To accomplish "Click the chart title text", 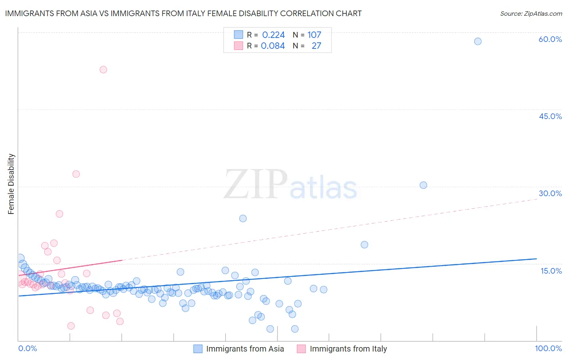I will (x=183, y=13).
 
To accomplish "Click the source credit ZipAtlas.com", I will (x=531, y=13).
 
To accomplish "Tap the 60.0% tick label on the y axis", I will (x=550, y=39).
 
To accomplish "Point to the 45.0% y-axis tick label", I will (x=550, y=116).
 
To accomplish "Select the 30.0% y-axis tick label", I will (x=550, y=193).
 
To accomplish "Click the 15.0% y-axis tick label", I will (x=551, y=271).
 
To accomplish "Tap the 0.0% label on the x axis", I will (x=27, y=348).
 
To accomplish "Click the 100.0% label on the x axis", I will (x=548, y=348).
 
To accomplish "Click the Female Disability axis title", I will (x=11, y=184).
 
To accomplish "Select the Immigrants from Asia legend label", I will (x=245, y=349).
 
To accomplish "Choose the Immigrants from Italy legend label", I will (x=348, y=349).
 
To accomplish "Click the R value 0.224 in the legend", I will (x=273, y=35).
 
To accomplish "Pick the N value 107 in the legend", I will (x=314, y=35).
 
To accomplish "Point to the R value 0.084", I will (x=273, y=46).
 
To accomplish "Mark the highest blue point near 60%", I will (x=477, y=41).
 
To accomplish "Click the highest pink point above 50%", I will (x=103, y=69).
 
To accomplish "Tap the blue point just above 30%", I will (x=423, y=185).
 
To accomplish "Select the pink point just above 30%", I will (x=76, y=174).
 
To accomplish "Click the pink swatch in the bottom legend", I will (x=301, y=349).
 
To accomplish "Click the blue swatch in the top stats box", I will (x=238, y=35).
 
